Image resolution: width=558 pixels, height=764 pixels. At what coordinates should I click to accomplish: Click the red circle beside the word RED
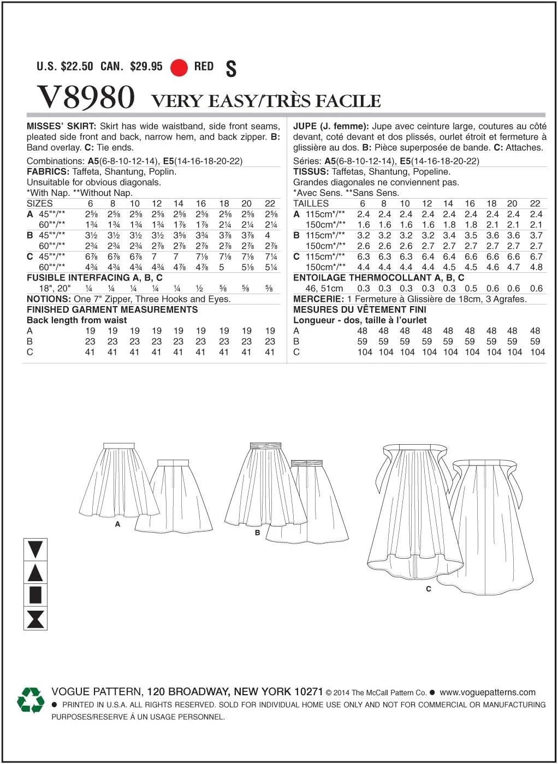179,68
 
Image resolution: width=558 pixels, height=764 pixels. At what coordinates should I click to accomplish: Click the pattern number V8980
86,98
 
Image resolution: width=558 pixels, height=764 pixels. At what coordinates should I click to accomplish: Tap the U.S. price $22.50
77,67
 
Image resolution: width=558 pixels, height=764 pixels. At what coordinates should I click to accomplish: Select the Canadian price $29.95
146,67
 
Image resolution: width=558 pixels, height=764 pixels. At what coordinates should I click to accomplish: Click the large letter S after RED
231,69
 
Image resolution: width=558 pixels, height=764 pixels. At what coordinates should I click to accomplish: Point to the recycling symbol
31,700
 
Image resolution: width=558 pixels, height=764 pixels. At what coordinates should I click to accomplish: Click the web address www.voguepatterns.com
488,692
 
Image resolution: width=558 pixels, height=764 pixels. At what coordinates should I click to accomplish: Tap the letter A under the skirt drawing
117,524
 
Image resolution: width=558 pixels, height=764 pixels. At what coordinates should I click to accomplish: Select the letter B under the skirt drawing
257,533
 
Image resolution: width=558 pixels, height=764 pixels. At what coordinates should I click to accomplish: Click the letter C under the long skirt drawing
429,589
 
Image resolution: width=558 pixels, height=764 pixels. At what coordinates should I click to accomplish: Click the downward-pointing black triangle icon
35,549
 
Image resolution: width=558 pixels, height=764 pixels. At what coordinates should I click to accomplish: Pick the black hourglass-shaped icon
35,619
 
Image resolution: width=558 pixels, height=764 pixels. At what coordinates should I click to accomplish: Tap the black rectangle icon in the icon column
35,595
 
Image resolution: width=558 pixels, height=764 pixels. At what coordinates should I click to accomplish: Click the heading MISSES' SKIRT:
61,126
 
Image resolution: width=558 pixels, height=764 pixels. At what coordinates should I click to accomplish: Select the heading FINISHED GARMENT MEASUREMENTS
112,309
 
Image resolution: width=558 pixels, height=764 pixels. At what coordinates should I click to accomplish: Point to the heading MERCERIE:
318,299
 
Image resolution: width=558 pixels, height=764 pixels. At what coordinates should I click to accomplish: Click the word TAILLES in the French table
311,204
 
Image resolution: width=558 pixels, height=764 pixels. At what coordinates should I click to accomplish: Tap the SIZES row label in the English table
40,204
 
